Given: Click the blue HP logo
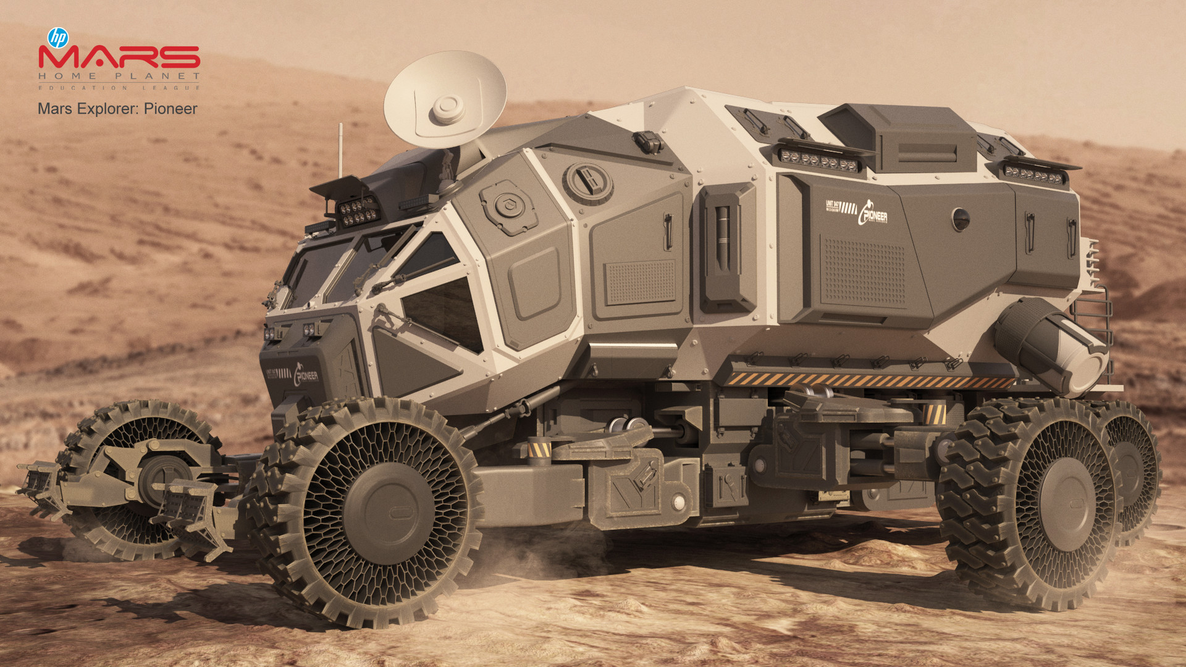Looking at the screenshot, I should [57, 38].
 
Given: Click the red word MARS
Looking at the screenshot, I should [119, 57].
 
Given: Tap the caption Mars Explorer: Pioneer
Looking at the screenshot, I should [117, 109].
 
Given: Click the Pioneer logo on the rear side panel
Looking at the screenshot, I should [872, 213].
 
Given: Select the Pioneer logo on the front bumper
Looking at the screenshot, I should [305, 374].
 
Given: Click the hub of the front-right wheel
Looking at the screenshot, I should [390, 513].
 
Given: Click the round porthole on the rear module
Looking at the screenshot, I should [961, 219].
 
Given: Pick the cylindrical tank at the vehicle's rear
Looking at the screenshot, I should [1050, 346].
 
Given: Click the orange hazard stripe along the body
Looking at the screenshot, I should [865, 379].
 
